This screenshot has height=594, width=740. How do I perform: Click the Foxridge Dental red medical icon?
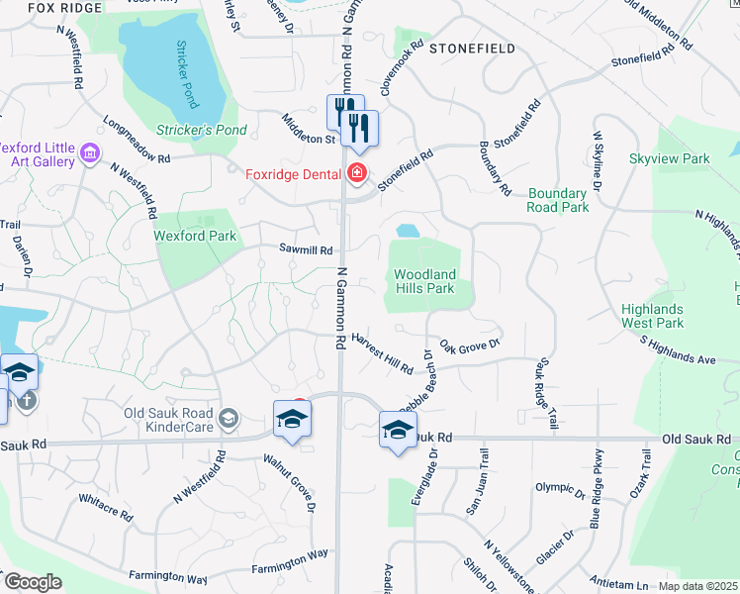point(356,175)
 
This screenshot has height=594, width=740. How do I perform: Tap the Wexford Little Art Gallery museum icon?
point(91,153)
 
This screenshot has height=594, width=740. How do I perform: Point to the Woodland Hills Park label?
point(424,281)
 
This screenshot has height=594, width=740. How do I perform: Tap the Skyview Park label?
point(670,158)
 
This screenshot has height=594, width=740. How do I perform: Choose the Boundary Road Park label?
point(558,200)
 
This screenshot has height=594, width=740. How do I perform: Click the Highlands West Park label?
point(653,316)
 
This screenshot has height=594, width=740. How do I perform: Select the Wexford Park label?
point(195,237)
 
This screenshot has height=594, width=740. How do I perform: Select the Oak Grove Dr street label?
point(471,347)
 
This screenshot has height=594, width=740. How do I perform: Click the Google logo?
point(33,581)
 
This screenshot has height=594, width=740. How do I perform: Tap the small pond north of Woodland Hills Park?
point(407,231)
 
